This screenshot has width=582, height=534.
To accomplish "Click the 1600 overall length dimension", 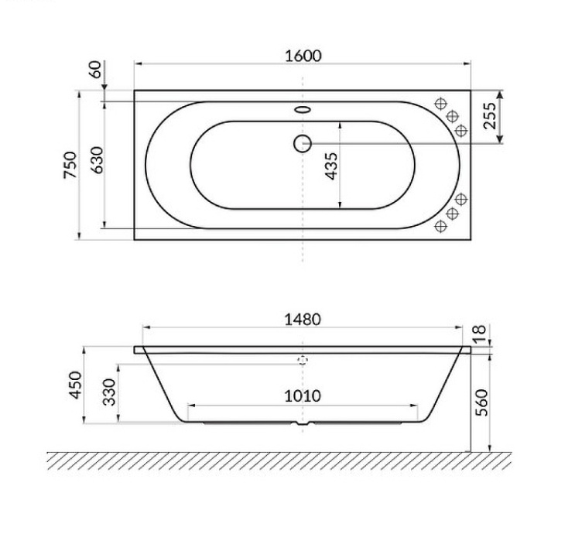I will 302,56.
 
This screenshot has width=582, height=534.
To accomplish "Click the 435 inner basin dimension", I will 331,166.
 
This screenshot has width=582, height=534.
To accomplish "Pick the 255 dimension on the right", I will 489,116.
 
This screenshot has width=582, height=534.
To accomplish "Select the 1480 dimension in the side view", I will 302,319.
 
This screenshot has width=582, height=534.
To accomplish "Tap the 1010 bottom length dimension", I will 302,396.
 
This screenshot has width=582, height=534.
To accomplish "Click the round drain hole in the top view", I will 302,142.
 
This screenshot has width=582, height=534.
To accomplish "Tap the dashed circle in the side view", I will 302,361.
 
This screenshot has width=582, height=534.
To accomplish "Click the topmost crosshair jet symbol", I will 442,103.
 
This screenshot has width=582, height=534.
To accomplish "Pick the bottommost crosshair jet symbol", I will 442,225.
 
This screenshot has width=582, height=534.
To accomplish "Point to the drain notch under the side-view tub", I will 302,425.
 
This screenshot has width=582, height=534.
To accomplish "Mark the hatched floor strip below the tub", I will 279,460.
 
